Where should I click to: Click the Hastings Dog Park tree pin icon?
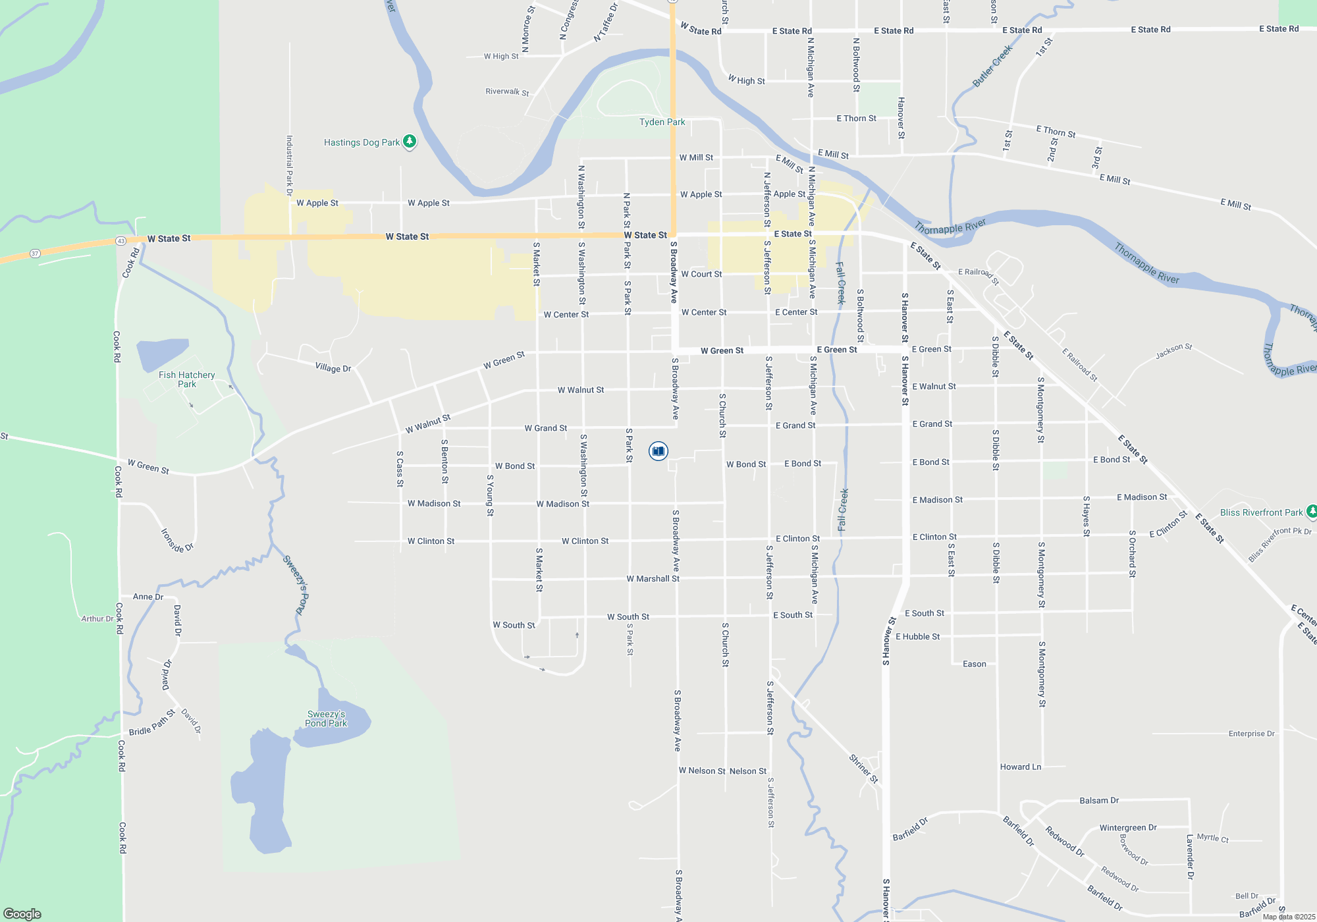409,141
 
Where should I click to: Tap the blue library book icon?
658,450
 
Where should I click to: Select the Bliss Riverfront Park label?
1261,512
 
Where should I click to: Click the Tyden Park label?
662,122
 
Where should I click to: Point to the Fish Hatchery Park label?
186,379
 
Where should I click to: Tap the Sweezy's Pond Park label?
326,719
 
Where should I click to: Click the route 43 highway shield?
121,241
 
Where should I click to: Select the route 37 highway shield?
35,254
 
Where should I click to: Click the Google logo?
22,913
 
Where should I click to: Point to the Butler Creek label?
992,66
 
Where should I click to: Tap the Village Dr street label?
333,367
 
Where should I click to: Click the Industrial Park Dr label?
289,166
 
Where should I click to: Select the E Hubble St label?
917,637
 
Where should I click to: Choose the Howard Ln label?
1020,767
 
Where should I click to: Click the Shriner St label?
863,769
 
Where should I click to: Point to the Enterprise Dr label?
1251,734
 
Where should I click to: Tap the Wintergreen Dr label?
1127,828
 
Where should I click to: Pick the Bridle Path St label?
152,723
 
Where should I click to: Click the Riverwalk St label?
507,92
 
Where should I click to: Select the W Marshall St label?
653,579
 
